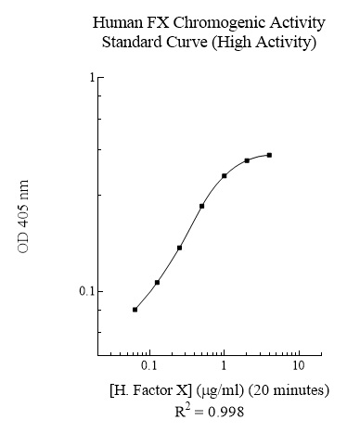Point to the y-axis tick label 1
coord(91,77)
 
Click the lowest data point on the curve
coord(135,310)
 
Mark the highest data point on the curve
coord(269,155)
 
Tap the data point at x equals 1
coord(225,175)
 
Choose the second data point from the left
coord(158,282)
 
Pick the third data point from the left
coord(180,248)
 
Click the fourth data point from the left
coord(202,206)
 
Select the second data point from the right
coord(247,160)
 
